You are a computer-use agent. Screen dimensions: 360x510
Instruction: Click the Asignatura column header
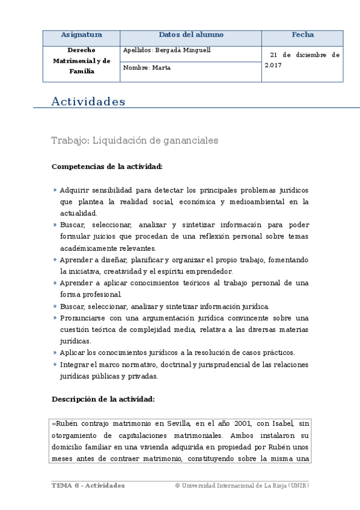tap(81, 35)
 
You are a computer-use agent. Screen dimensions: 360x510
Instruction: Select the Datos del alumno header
tap(191, 35)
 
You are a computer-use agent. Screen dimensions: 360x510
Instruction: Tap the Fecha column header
tap(302, 35)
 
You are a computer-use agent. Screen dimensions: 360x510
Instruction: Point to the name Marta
tap(162, 68)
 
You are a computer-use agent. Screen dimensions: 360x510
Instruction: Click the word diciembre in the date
tap(308, 55)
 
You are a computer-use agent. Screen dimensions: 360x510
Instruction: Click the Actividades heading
tap(88, 102)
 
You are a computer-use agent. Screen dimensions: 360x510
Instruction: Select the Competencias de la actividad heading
tap(107, 166)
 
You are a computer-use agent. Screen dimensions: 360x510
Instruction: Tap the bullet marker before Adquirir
tap(55, 190)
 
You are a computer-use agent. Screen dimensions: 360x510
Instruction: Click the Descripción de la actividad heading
tap(103, 399)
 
